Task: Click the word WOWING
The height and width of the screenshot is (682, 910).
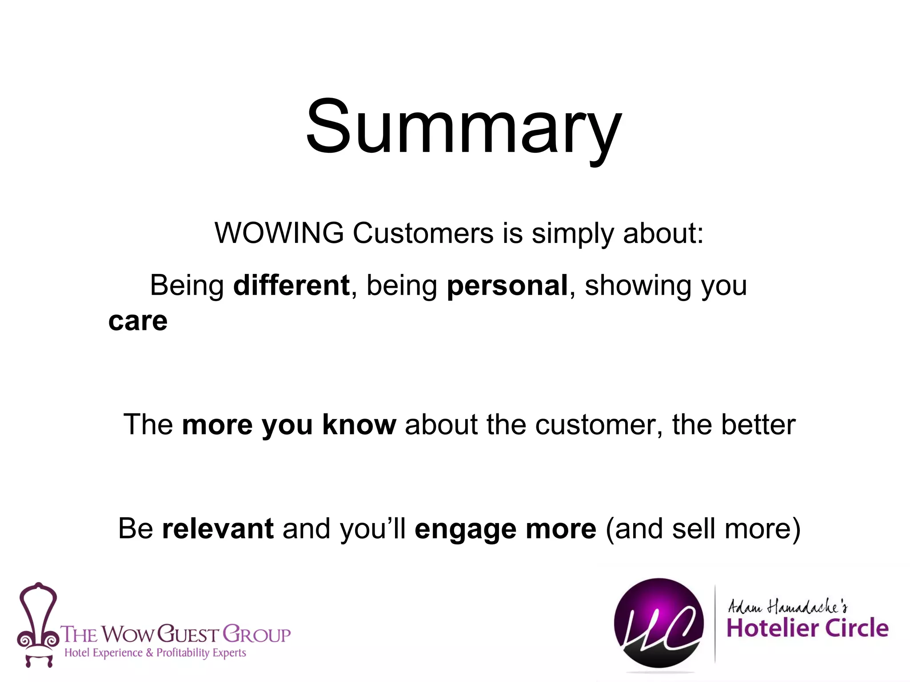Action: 279,233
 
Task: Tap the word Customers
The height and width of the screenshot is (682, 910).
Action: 423,233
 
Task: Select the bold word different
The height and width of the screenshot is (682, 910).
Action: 291,285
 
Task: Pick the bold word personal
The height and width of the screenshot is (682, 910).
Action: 507,285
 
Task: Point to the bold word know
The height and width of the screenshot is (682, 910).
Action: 359,424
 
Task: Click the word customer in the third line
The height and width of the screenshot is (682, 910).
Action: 599,424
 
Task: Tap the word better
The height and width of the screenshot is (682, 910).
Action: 758,424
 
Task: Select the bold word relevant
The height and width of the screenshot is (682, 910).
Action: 218,528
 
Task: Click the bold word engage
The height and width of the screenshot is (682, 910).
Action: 465,529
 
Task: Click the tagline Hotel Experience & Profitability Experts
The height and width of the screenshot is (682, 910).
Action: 155,653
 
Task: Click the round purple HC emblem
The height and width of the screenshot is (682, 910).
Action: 659,623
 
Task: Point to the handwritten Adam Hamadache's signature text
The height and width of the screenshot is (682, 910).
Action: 787,606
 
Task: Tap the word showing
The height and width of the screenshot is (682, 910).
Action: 638,286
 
